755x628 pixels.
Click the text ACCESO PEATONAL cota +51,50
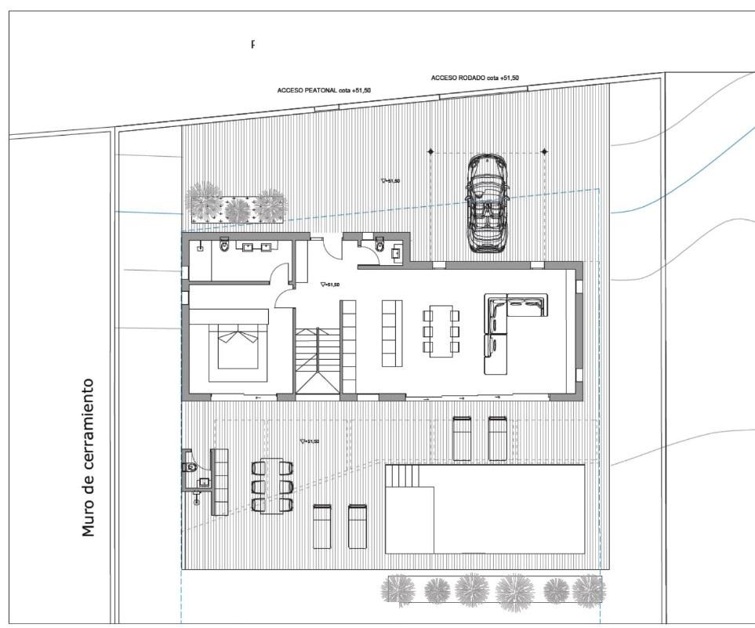coord(324,90)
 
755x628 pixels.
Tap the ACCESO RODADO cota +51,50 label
coord(474,78)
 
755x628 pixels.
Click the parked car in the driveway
coord(486,203)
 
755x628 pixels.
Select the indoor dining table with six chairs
coord(441,332)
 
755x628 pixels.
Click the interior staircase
coord(317,360)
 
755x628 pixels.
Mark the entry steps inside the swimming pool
coord(404,476)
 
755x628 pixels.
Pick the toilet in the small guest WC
coord(380,245)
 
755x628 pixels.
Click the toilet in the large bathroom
coord(225,246)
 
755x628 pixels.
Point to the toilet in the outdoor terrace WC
coord(190,467)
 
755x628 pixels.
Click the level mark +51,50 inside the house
coord(330,285)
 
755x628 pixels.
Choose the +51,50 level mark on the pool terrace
coord(310,441)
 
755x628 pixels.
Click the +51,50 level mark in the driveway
coord(390,181)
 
